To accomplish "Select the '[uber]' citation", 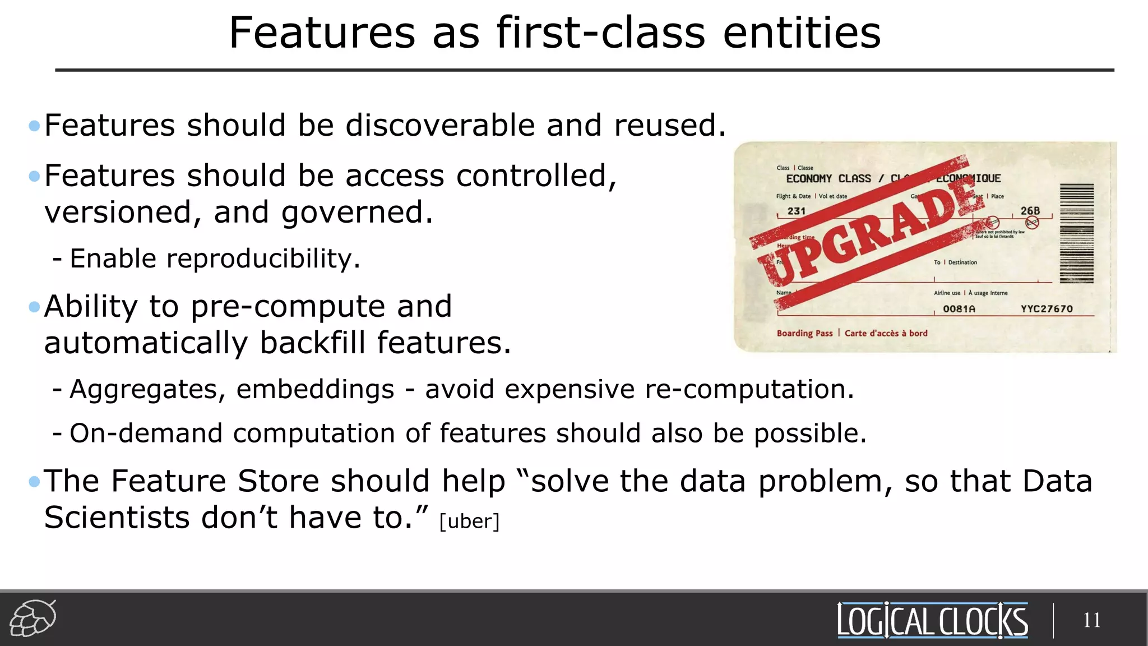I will pos(469,521).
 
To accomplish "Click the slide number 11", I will pos(1091,620).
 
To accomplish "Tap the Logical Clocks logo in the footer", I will pos(932,620).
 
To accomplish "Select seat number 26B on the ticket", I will pos(1030,211).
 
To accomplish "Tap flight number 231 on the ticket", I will pos(797,211).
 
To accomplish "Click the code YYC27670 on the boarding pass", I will pos(1047,309).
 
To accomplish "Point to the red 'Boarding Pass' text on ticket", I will pos(804,333).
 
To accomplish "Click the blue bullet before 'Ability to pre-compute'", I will pos(34,307).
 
